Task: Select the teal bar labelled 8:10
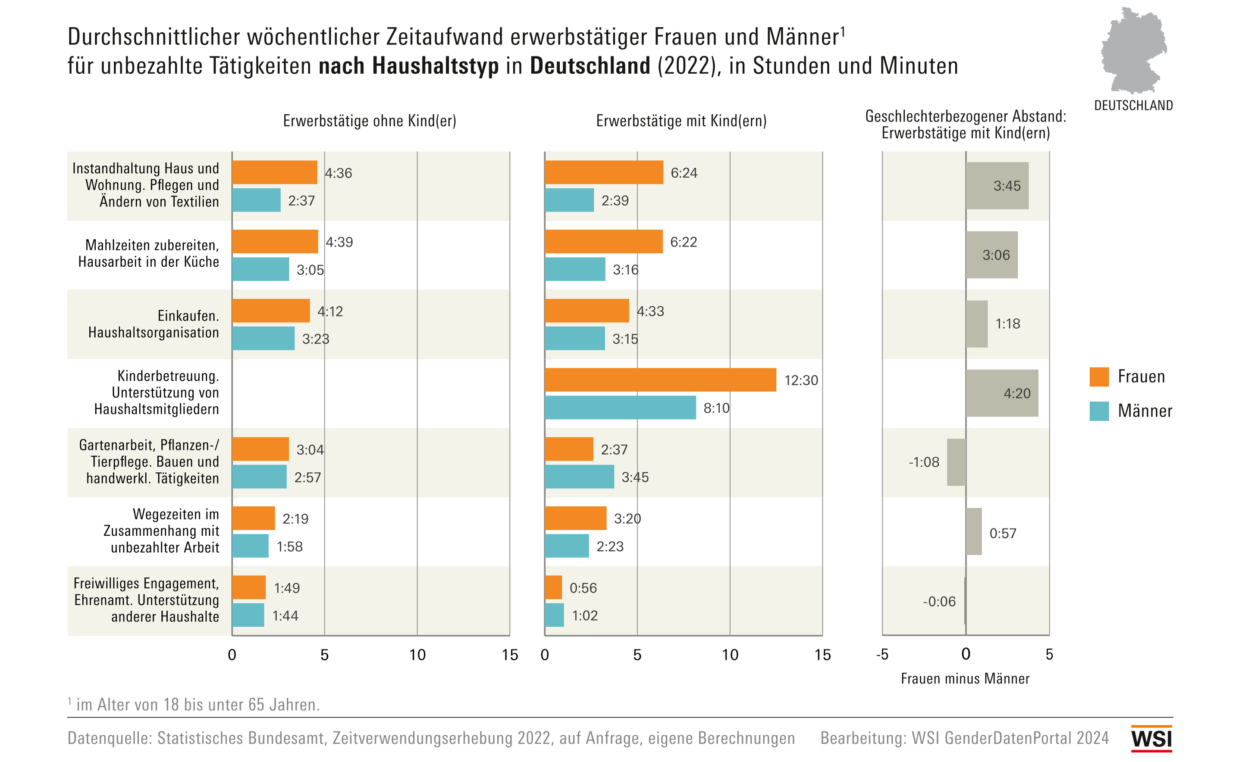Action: pos(620,407)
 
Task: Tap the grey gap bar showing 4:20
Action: pos(1001,393)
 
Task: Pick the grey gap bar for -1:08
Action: pos(956,462)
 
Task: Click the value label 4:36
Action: pos(339,173)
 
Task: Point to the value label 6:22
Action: pos(683,242)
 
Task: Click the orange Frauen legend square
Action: pos(1099,377)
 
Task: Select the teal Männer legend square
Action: pos(1099,411)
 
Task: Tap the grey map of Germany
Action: pos(1134,50)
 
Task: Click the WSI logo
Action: pos(1152,738)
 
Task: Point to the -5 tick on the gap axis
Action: pos(882,654)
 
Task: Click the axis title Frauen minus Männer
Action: pos(965,679)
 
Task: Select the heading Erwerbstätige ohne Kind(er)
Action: pos(369,121)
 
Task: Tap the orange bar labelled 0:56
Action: pos(553,587)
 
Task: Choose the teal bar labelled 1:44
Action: pos(248,615)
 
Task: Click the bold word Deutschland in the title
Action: pos(590,66)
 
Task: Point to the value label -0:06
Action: pos(939,601)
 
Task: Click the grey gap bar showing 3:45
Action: pos(997,185)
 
